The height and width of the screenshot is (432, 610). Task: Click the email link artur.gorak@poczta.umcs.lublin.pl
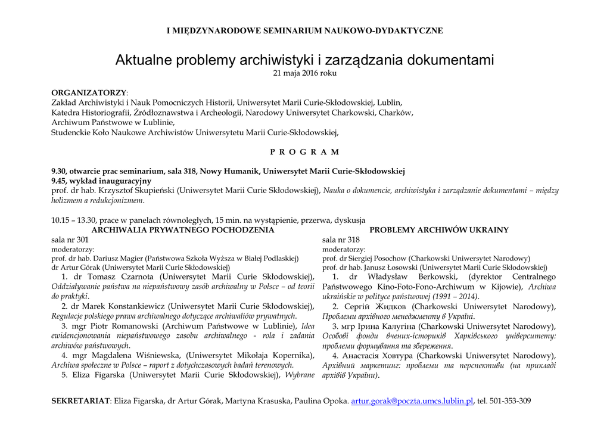412,401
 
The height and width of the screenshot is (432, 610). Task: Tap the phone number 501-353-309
510,401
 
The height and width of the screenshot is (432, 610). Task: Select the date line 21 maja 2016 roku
304,73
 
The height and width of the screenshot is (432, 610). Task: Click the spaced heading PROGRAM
304,152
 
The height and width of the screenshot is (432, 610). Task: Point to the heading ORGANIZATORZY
89,93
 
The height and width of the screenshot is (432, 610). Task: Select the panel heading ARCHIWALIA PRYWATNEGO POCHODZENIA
183,230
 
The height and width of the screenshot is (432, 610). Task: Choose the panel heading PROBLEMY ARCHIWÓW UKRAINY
439,230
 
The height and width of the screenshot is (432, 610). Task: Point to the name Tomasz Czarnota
122,276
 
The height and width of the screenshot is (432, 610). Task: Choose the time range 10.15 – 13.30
74,220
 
